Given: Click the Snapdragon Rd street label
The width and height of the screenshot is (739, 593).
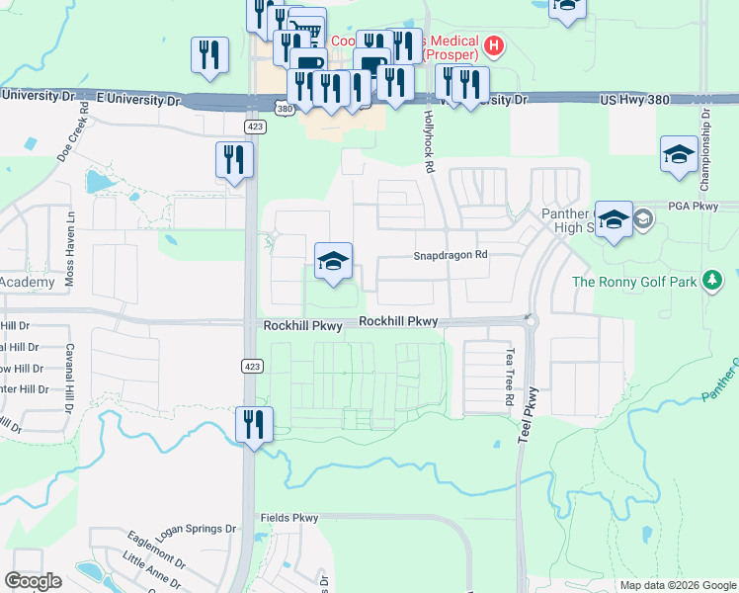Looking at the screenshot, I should tap(451, 255).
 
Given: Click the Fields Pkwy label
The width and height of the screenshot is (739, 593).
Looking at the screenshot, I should tap(289, 518).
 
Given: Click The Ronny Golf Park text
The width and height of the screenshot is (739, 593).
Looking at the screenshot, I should tap(634, 282).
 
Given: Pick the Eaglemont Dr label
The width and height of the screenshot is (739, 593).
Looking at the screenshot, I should tap(156, 549).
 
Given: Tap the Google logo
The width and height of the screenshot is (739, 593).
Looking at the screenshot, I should tap(34, 581).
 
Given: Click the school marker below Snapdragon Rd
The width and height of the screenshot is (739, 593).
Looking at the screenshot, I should tap(334, 263).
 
